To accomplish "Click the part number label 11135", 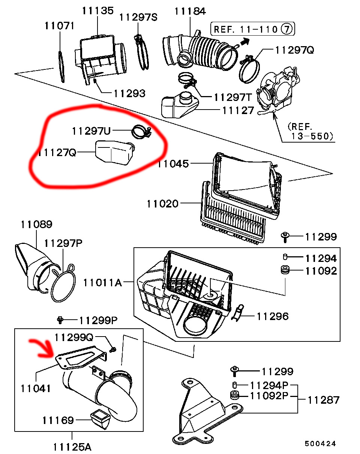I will point(97,11).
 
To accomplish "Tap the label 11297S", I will point(138,17).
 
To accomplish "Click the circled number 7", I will point(287,29).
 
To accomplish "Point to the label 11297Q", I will point(294,50).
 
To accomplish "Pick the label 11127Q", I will point(57,153).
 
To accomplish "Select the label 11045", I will point(173,164).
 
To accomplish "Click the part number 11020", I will point(162,204).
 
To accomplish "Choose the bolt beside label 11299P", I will point(60,320).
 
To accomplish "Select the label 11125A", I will point(72,447).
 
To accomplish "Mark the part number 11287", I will point(323,400).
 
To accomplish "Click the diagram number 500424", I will point(320,443).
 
